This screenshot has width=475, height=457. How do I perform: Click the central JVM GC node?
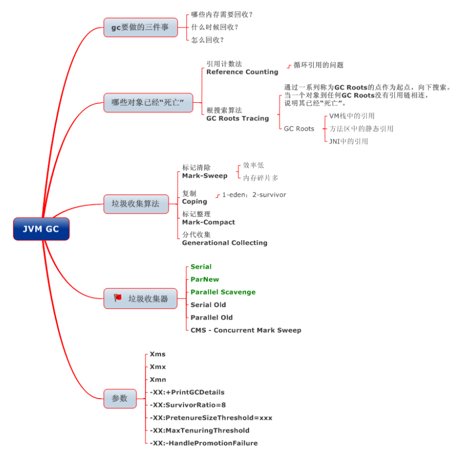tap(41, 229)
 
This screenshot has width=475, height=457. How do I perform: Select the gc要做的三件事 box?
tap(140, 27)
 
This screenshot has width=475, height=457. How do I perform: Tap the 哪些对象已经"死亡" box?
tap(148, 102)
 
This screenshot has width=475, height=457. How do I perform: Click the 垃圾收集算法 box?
tap(136, 203)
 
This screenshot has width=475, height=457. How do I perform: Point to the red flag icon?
tap(118, 297)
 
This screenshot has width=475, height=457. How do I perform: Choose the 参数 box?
tap(120, 398)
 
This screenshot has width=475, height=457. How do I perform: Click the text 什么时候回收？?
tap(215, 27)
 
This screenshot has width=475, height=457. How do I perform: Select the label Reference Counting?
tap(242, 72)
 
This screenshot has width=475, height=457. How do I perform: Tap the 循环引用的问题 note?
tap(318, 65)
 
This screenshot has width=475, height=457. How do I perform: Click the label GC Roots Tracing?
tap(237, 118)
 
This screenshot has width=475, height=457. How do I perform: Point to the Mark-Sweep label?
tap(205, 176)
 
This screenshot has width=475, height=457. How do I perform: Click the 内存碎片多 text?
tap(261, 177)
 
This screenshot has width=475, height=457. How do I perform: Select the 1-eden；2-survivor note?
tap(254, 195)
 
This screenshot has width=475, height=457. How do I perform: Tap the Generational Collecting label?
tap(224, 243)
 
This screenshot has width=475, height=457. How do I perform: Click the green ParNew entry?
tap(205, 279)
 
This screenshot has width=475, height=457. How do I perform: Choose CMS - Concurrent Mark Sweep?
tap(245, 330)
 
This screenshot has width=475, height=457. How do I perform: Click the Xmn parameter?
tap(158, 380)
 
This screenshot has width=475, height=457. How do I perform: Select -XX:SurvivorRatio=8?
tap(188, 405)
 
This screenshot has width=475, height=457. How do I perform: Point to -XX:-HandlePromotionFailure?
tap(204, 443)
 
